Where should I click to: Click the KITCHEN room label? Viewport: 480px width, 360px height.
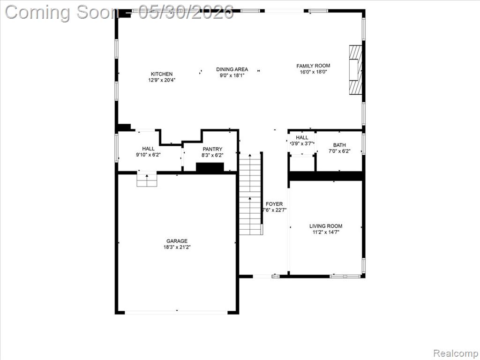coord(162,74)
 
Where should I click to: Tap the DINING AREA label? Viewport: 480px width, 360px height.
coord(232,69)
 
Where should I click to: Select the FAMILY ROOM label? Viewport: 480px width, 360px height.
coord(313,66)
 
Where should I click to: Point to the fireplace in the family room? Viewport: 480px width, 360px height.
coord(356,69)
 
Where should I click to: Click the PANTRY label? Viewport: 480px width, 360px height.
coord(212,149)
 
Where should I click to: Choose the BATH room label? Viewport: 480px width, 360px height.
coord(339,145)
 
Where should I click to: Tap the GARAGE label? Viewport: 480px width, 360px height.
coord(177,241)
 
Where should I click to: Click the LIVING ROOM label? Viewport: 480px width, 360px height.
coord(326,226)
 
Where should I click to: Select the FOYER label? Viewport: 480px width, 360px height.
coord(274,204)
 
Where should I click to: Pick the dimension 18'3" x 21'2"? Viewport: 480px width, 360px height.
coord(177,247)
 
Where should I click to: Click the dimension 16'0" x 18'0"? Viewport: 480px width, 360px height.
coord(314,72)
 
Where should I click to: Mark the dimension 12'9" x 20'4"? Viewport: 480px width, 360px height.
coord(162,80)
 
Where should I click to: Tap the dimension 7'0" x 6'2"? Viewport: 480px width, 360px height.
coord(339,151)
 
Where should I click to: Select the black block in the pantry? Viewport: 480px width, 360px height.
coord(210,168)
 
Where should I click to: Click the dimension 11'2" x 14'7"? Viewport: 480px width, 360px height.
coord(326,232)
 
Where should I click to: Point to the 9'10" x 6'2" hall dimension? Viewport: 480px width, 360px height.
coord(148,155)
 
